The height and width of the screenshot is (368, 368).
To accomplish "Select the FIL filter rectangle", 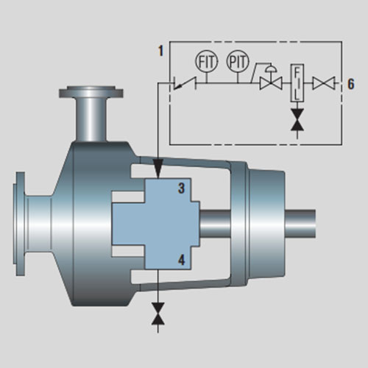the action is pyautogui.click(x=297, y=83).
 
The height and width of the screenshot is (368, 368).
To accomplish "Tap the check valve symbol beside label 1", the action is pyautogui.click(x=185, y=83).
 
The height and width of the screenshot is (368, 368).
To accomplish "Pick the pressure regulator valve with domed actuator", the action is pyautogui.click(x=271, y=77).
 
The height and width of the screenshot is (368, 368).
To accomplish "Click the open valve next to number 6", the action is pyautogui.click(x=324, y=83).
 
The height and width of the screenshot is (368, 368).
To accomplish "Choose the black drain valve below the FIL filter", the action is pyautogui.click(x=297, y=119).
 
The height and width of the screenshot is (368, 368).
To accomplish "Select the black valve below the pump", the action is pyautogui.click(x=158, y=314).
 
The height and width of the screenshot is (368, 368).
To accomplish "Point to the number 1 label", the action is pyautogui.click(x=160, y=51).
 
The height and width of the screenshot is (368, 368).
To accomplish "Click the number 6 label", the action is pyautogui.click(x=351, y=84).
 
